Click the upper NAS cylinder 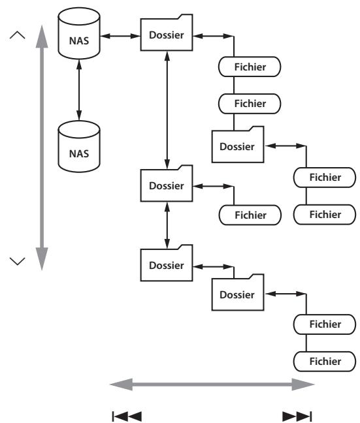pyautogui.click(x=79, y=33)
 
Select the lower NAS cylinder pyautogui.click(x=79, y=146)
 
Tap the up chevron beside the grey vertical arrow pyautogui.click(x=17, y=35)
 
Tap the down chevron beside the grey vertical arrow pyautogui.click(x=17, y=261)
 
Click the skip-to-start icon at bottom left pyautogui.click(x=127, y=416)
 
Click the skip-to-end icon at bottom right pyautogui.click(x=297, y=416)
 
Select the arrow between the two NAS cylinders pyautogui.click(x=79, y=90)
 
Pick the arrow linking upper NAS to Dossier pyautogui.click(x=120, y=36)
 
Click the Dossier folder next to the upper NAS pyautogui.click(x=167, y=33)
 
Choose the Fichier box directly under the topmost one pyautogui.click(x=250, y=104)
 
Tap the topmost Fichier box pyautogui.click(x=250, y=67)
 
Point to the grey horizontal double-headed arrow pyautogui.click(x=212, y=384)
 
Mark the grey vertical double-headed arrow pyautogui.click(x=42, y=148)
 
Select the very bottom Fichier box pyautogui.click(x=325, y=362)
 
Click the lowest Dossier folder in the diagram pyautogui.click(x=238, y=292)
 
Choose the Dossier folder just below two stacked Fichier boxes pyautogui.click(x=238, y=144)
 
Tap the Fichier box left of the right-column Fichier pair pyautogui.click(x=250, y=215)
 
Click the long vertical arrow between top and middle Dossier pyautogui.click(x=167, y=110)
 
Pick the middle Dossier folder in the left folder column pyautogui.click(x=167, y=183)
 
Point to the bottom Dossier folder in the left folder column pyautogui.click(x=167, y=263)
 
